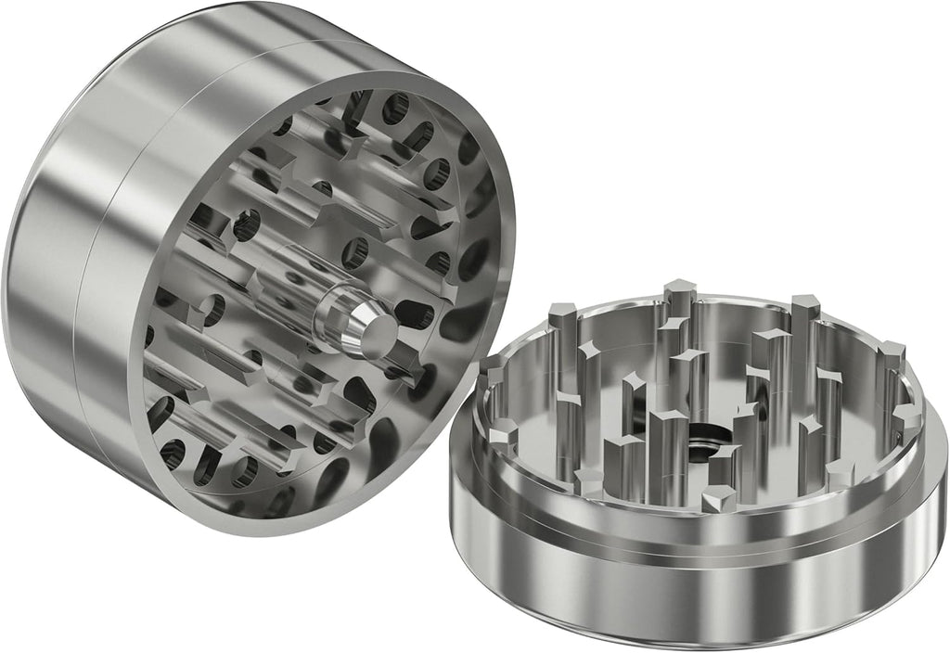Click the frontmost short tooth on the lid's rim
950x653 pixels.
(x=717, y=502)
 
